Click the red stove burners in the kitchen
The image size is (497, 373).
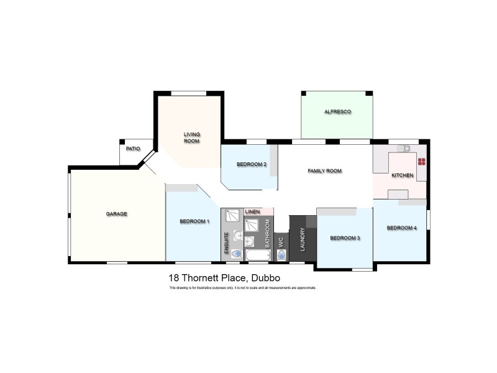tap(422, 162)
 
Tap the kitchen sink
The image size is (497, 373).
tap(404, 148)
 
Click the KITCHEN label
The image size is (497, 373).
tap(402, 176)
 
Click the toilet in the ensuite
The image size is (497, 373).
tap(235, 254)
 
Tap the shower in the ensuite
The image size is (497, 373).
tap(232, 216)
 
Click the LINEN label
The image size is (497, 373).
tap(252, 212)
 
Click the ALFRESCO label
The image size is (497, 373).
tap(337, 112)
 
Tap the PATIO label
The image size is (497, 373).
tap(133, 149)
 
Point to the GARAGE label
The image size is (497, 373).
tap(116, 214)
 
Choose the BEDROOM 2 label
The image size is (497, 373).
tap(252, 165)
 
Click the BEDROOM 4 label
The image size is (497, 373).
tap(401, 228)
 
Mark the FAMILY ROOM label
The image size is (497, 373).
tap(325, 171)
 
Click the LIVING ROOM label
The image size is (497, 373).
tap(191, 137)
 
